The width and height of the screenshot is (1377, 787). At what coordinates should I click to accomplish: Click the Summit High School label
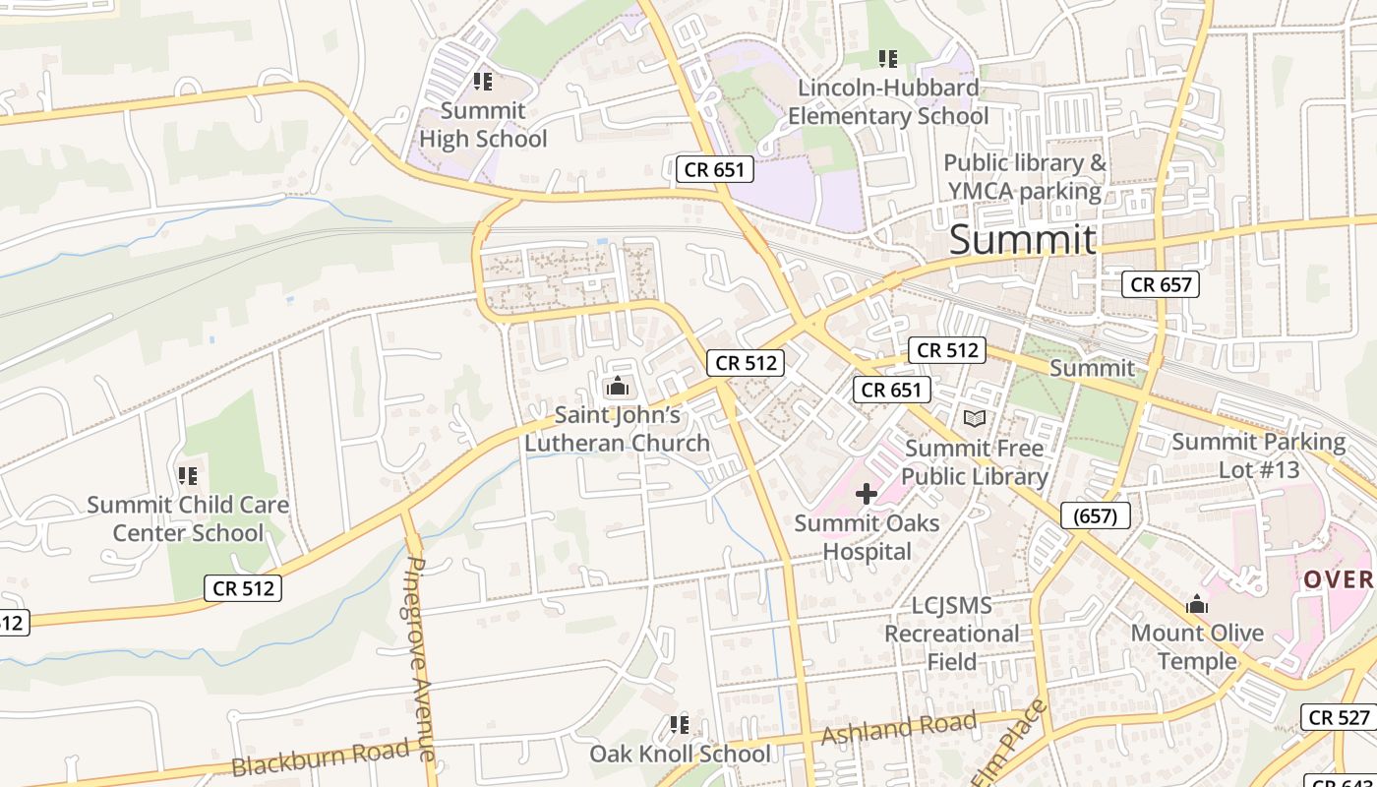(x=483, y=125)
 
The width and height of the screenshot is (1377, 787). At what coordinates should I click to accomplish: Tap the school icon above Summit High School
(x=482, y=82)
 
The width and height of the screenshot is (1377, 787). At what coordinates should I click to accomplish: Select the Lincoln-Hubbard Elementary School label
(x=888, y=102)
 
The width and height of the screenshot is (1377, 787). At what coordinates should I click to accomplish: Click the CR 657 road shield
(x=1161, y=285)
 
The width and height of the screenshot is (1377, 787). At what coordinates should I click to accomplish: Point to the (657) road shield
(x=1096, y=515)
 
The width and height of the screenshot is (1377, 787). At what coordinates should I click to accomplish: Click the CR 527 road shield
(x=1340, y=717)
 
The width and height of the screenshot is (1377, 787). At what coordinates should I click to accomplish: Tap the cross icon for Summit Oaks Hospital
(x=867, y=494)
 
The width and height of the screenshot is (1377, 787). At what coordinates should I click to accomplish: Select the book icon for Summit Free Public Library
(x=974, y=419)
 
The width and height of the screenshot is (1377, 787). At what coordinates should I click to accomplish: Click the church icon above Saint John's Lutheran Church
(x=618, y=387)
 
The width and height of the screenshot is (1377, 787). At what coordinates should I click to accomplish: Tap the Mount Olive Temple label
(x=1197, y=646)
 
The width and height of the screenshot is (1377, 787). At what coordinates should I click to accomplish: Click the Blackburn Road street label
(x=321, y=759)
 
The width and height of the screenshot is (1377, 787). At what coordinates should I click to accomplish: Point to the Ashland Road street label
(x=899, y=729)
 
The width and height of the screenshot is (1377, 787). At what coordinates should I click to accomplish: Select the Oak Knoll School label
(x=680, y=755)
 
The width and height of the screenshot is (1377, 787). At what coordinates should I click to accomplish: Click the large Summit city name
(x=1022, y=240)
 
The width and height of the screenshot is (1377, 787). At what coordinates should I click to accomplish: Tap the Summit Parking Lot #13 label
(x=1259, y=455)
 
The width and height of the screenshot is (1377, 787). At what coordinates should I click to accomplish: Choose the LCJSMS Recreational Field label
(x=951, y=634)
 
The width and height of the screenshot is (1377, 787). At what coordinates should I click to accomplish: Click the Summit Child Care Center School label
(x=188, y=518)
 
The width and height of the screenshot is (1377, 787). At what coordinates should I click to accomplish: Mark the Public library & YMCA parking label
(x=1025, y=177)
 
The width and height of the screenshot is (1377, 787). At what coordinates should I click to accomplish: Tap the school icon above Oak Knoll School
(x=679, y=725)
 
